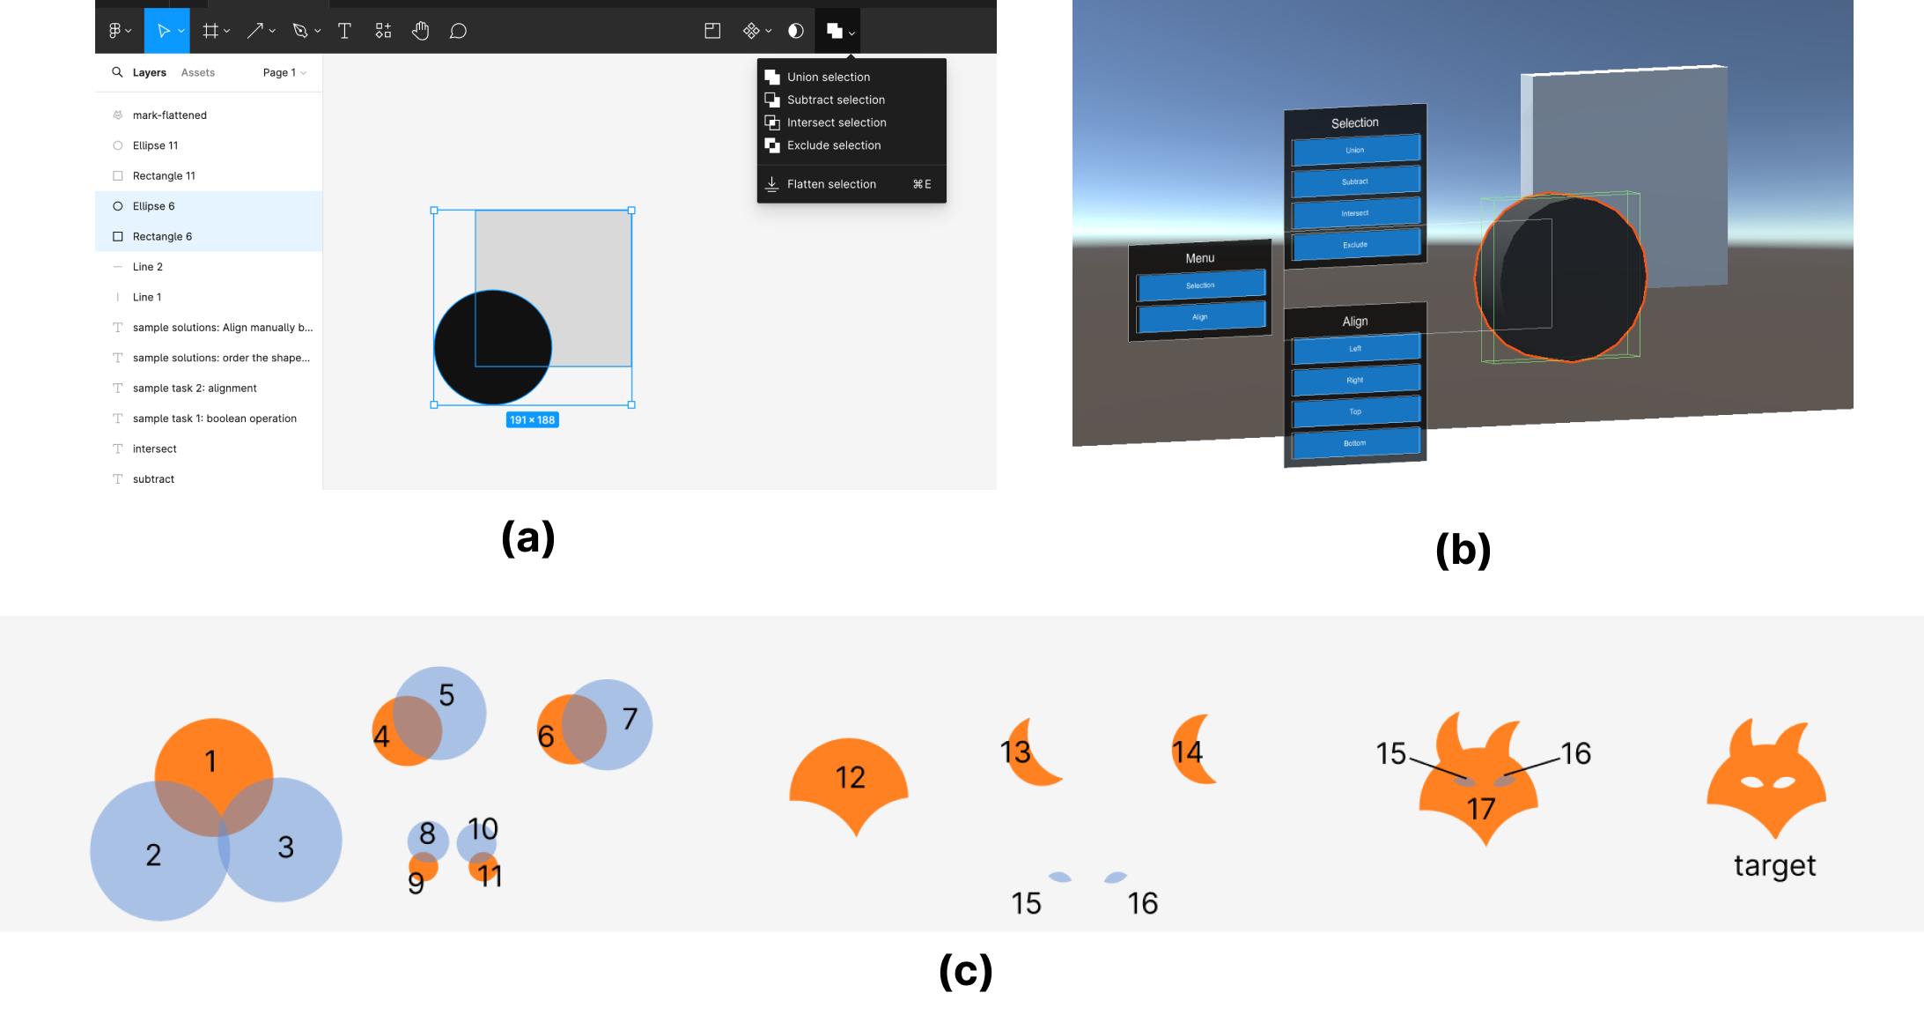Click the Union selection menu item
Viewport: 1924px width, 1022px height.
pyautogui.click(x=828, y=78)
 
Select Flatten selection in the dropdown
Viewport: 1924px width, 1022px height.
pyautogui.click(x=831, y=184)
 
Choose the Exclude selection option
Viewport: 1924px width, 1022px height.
pyautogui.click(x=833, y=145)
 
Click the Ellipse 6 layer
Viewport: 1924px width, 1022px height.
pyautogui.click(x=154, y=206)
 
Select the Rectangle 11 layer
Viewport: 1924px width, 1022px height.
pyautogui.click(x=164, y=176)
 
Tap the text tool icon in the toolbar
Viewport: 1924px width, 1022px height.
pyautogui.click(x=344, y=31)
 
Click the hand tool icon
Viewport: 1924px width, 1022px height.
pyautogui.click(x=420, y=31)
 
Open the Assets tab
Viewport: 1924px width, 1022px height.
pyautogui.click(x=197, y=73)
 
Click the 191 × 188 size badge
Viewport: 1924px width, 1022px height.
pyautogui.click(x=532, y=420)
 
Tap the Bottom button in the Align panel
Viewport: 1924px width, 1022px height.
pyautogui.click(x=1355, y=443)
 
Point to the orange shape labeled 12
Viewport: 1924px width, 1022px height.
pyautogui.click(x=849, y=780)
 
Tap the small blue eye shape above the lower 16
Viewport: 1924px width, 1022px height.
pyautogui.click(x=1116, y=878)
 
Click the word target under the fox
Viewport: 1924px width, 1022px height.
pyautogui.click(x=1774, y=866)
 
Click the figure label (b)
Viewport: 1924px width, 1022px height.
pyautogui.click(x=1463, y=550)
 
